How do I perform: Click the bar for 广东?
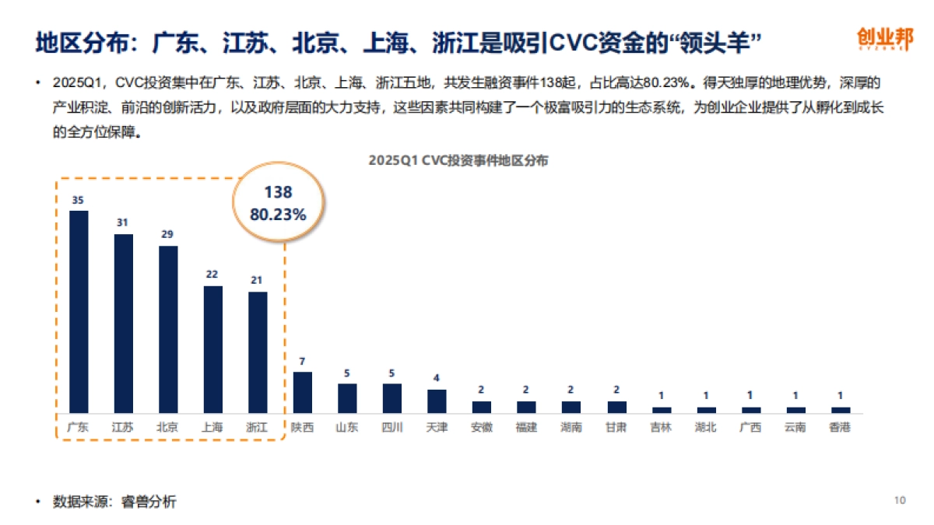pos(79,311)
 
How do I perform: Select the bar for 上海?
pos(212,349)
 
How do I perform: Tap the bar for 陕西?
pos(302,392)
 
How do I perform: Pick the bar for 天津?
pos(437,401)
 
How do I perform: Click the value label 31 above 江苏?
pos(122,222)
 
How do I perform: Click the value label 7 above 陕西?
pos(303,361)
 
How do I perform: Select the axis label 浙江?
pos(257,427)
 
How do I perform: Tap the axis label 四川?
pos(392,427)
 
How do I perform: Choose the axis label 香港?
pos(840,427)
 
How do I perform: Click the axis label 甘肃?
pos(616,427)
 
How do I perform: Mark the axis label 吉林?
pos(661,427)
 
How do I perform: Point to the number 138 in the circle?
pos(278,192)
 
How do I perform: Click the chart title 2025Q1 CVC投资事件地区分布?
pos(458,160)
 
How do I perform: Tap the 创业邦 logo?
pos(885,39)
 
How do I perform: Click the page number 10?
pos(901,500)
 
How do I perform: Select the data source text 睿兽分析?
pos(149,502)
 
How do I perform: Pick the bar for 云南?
pos(795,409)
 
